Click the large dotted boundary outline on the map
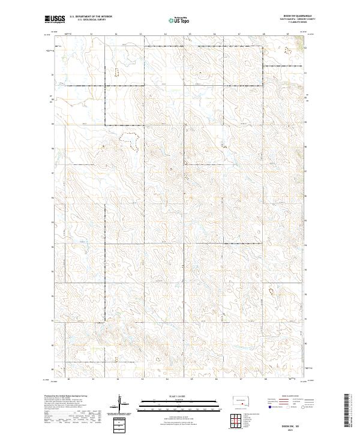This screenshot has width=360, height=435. pyautogui.click(x=130, y=141)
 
